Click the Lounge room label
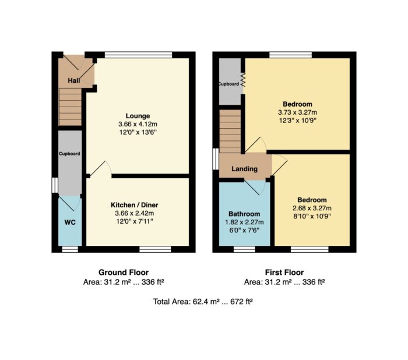coord(138,116)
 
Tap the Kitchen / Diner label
coord(134,205)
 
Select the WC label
coord(70,223)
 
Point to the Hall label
coord(74,80)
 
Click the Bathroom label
coord(244,214)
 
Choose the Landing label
coord(244,169)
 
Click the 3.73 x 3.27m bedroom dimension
coord(297,112)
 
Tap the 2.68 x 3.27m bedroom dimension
coord(312,208)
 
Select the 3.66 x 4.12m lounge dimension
coord(138,124)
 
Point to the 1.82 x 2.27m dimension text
coord(244,222)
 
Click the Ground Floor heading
coord(124,273)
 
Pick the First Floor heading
coord(284,273)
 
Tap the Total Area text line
coord(203,302)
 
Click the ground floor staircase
coord(71,107)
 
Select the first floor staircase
coord(230,131)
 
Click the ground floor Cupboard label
coord(69,154)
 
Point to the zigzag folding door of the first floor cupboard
coord(243,80)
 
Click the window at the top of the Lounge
coord(139,55)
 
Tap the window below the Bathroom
coord(244,249)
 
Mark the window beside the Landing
coord(216,159)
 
